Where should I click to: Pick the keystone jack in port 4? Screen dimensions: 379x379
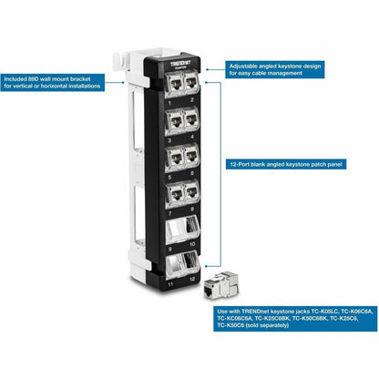[x=191, y=119]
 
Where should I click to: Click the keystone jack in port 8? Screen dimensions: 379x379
[x=191, y=192]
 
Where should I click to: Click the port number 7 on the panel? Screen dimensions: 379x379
[x=171, y=211]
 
